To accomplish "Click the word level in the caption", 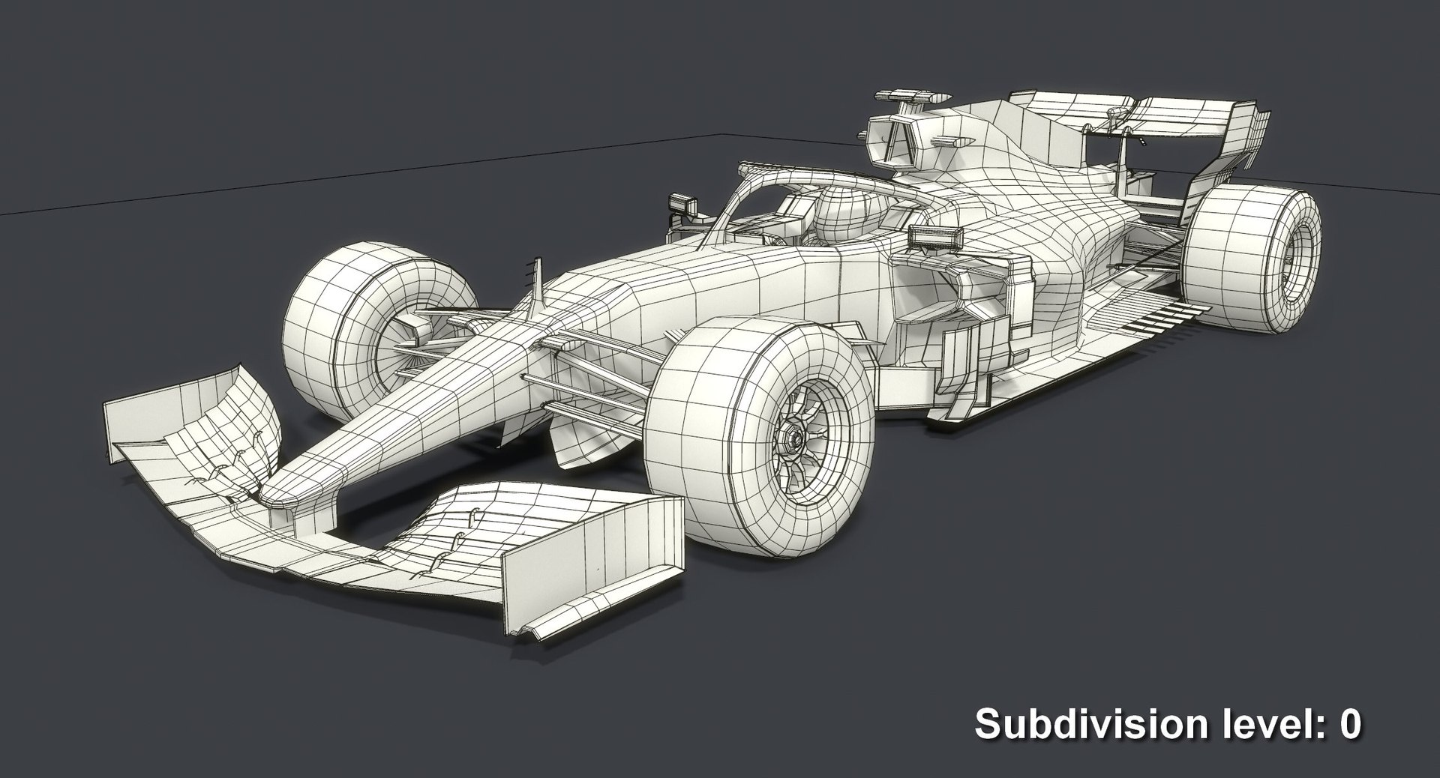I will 1255,725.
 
